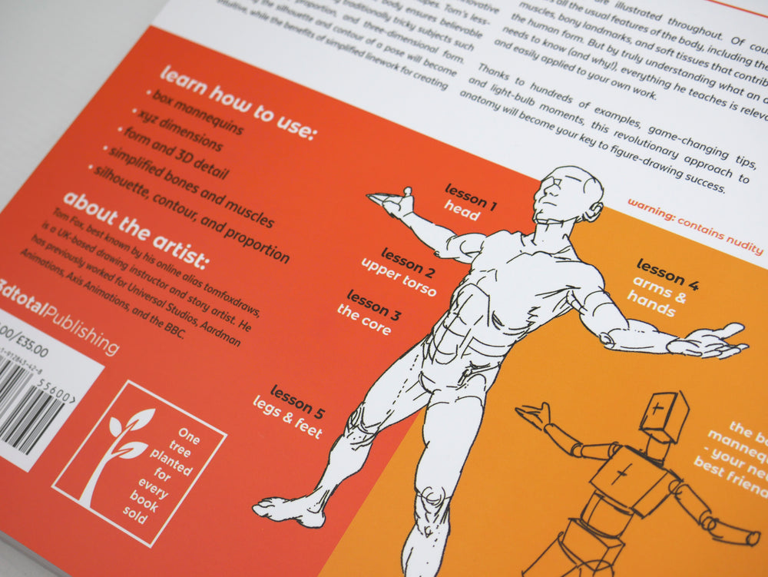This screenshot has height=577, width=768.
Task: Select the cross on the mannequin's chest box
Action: [x=621, y=474]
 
